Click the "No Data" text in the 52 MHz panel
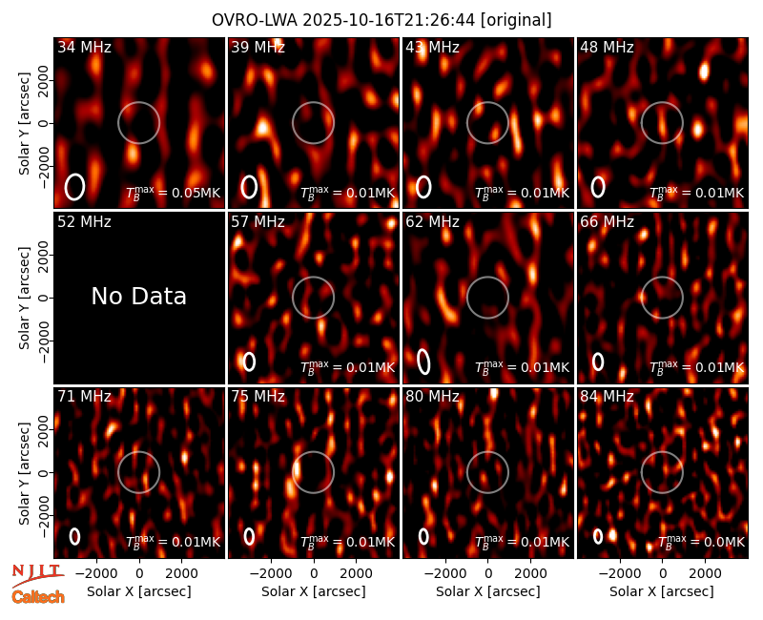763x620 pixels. pos(138,296)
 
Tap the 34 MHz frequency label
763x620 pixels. pos(84,47)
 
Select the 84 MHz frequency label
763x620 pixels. pos(607,397)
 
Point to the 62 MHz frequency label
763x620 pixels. pos(432,222)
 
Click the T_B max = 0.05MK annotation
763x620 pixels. pos(174,193)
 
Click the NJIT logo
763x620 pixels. pos(37,575)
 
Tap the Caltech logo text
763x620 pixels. pos(38,597)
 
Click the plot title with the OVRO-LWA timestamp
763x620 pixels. pos(381,20)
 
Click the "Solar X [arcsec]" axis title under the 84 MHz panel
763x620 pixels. pos(662,591)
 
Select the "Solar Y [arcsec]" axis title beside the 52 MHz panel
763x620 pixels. pos(24,298)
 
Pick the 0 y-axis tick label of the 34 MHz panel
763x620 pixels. pos(44,123)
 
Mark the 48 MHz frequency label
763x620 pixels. pos(607,47)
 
